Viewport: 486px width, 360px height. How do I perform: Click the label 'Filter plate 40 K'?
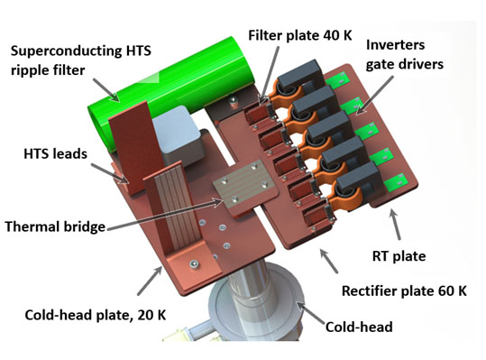(300, 35)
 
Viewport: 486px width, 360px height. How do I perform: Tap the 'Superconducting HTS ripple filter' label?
(81, 60)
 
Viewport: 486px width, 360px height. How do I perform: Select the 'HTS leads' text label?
(56, 153)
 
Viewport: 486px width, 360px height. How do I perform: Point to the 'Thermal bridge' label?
(55, 226)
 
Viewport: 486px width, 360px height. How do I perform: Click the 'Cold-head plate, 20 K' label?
(96, 315)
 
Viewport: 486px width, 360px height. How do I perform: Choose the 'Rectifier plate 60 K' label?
(404, 291)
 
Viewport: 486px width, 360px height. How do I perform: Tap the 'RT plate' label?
(399, 256)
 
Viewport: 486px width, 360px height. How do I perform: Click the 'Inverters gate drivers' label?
(404, 54)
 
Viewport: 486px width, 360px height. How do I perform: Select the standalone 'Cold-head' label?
(359, 327)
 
